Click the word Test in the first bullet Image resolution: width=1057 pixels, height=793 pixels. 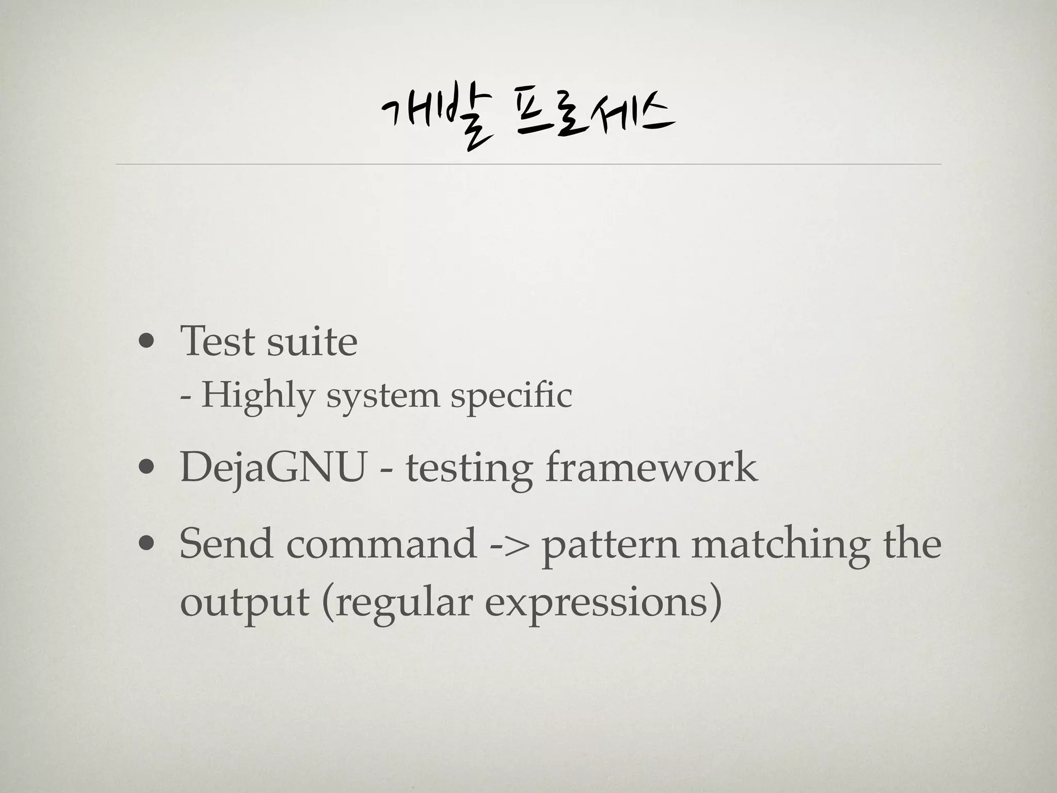[x=217, y=341]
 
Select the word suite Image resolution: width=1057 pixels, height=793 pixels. [x=312, y=341]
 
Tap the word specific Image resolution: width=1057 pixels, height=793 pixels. [x=511, y=396]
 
